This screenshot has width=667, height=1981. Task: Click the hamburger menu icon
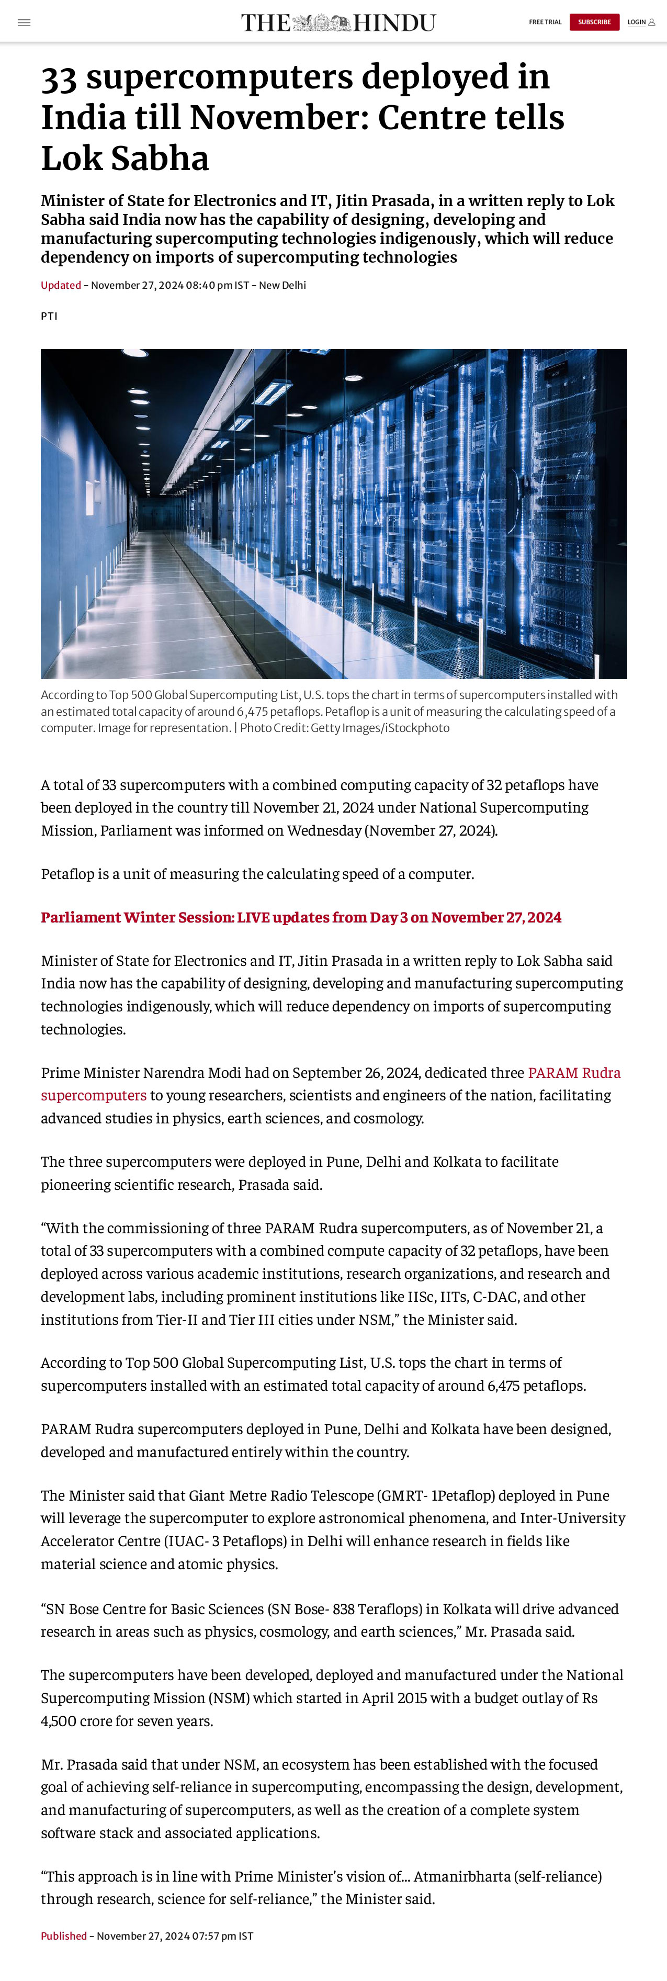tap(24, 22)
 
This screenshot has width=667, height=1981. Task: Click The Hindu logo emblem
tap(321, 22)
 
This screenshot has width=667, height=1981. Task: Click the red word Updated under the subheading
tap(61, 285)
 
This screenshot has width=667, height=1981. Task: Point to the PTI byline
tap(49, 316)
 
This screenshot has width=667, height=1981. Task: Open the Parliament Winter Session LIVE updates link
tap(300, 917)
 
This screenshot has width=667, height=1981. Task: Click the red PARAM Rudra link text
tap(573, 1073)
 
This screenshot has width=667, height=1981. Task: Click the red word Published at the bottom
tap(64, 1935)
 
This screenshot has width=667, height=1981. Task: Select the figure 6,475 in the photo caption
tap(251, 711)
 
